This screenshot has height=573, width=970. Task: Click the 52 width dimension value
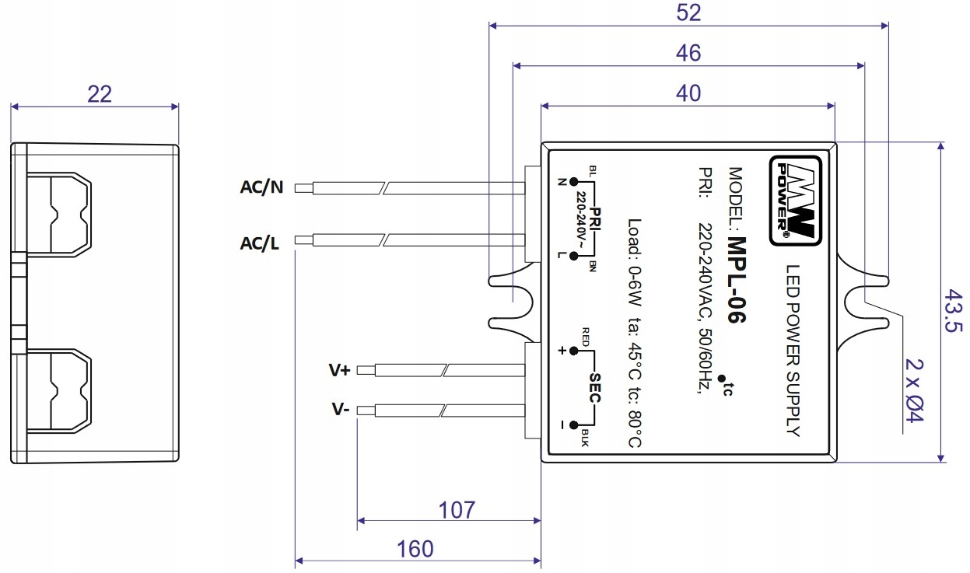(689, 12)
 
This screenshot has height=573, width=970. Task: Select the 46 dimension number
(689, 53)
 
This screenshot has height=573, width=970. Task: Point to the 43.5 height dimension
(954, 311)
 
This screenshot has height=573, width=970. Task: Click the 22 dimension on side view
(100, 94)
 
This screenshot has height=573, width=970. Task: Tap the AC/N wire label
(262, 187)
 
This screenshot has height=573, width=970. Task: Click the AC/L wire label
(260, 243)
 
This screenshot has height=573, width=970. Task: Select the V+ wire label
(339, 370)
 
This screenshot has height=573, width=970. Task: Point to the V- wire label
(339, 409)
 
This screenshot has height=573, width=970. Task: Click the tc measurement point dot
(720, 380)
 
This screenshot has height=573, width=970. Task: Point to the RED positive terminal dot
(573, 351)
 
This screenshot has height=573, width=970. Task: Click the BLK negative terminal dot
(573, 425)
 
